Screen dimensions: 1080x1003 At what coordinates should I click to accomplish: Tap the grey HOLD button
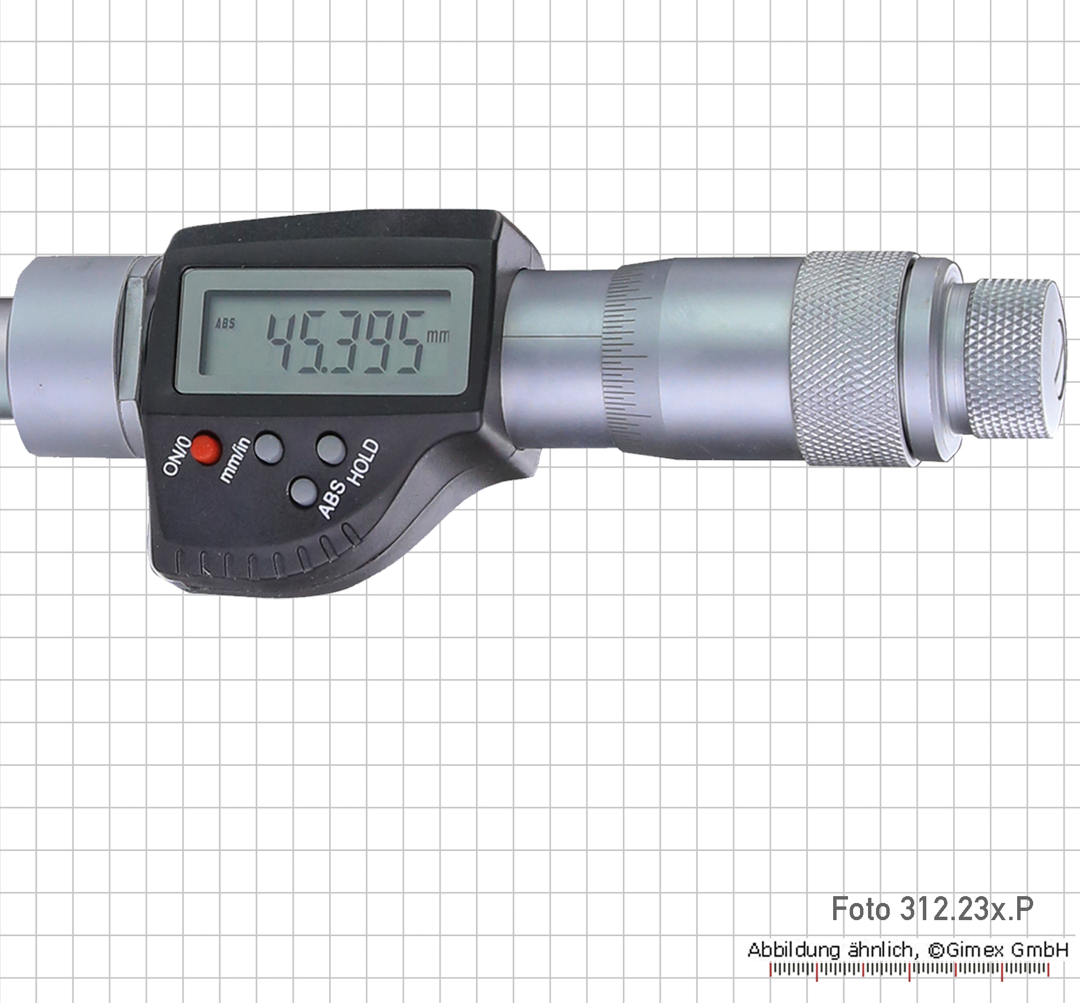(x=331, y=447)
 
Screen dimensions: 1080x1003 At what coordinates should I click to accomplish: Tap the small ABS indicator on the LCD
(x=225, y=323)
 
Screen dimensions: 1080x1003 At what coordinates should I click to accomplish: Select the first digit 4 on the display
(x=286, y=343)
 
